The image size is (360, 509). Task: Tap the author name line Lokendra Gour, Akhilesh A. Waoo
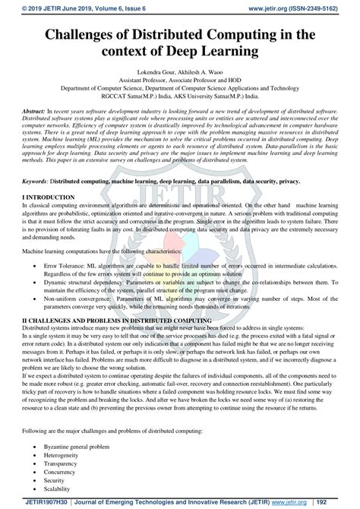[x=180, y=78]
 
